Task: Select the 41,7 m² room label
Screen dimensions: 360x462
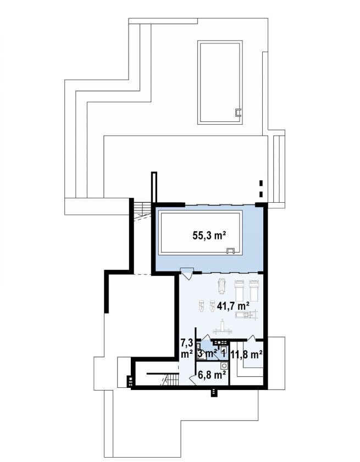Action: click(233, 306)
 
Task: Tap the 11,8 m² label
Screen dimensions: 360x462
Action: click(246, 354)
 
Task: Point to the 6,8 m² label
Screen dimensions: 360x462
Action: click(212, 375)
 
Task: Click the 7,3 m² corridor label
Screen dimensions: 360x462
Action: click(186, 348)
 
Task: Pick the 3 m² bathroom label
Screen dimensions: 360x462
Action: click(208, 353)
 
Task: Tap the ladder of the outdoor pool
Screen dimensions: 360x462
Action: click(238, 112)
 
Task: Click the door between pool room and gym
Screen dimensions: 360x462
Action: click(186, 273)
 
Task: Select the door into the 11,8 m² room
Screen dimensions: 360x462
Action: click(251, 338)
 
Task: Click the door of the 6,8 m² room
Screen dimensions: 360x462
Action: click(193, 380)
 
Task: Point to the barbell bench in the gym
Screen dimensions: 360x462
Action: click(222, 327)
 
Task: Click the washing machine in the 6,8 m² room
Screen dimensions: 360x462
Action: click(224, 366)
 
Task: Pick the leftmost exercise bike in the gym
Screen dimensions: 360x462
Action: click(201, 306)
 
